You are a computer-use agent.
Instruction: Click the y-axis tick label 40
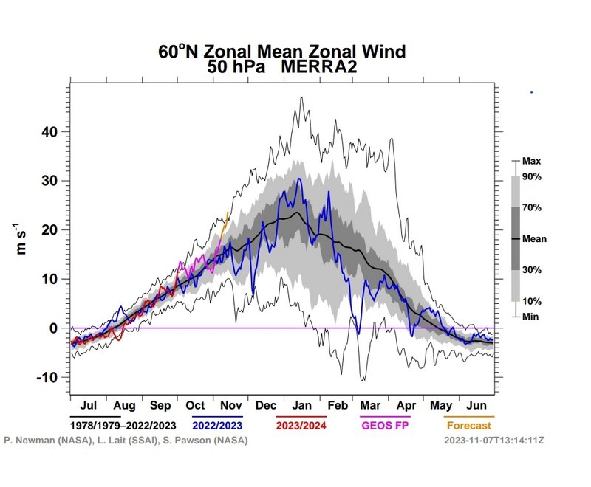48,132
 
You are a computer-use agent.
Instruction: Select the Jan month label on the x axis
301,406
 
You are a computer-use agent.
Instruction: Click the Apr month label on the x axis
406,406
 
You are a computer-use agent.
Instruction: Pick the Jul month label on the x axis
89,406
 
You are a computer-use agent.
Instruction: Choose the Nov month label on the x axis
230,406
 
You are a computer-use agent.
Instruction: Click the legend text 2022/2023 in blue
218,425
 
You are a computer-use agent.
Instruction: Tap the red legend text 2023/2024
301,425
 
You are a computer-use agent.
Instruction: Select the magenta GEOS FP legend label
384,425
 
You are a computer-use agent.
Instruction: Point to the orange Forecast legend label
468,425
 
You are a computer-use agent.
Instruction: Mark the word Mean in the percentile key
534,238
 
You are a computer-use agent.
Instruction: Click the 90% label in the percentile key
533,177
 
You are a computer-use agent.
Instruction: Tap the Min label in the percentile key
531,316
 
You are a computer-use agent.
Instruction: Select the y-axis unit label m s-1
24,240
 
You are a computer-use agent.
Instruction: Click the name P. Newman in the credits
26,440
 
